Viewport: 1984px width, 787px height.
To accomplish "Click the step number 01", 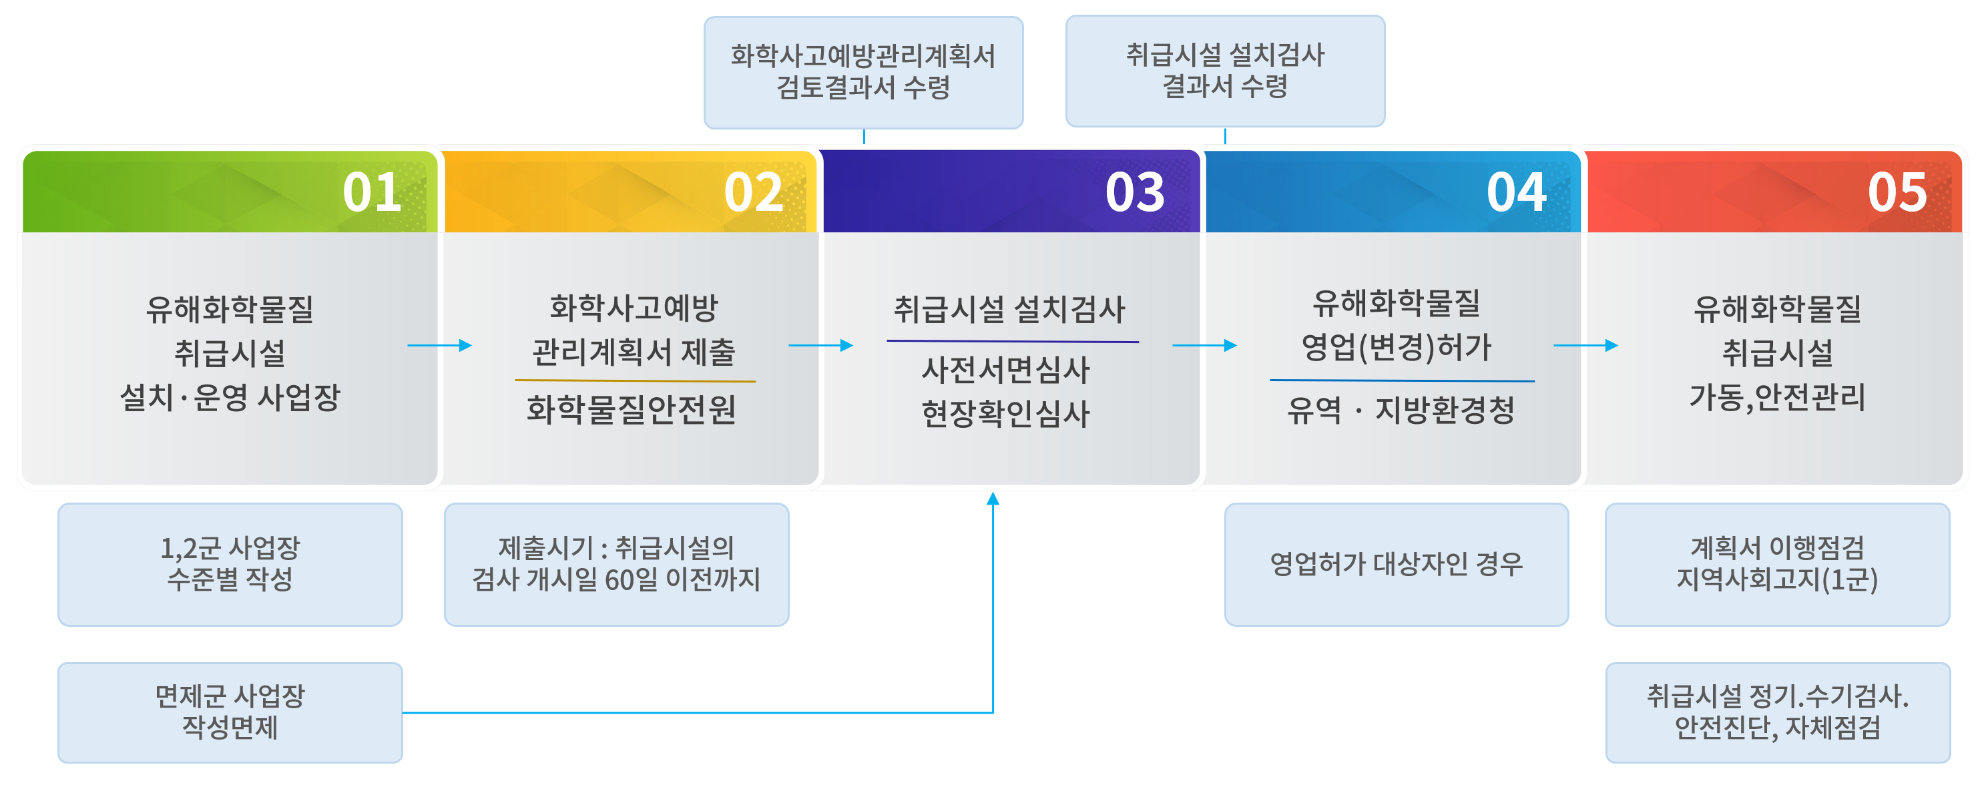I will [x=372, y=192].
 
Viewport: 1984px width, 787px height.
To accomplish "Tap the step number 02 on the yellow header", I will [x=752, y=192].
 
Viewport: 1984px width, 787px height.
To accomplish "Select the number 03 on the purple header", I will [x=1134, y=192].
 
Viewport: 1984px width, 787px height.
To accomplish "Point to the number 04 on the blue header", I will [x=1516, y=192].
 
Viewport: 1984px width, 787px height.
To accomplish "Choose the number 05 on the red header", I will [x=1897, y=192].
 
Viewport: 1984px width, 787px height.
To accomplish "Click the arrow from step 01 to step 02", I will [x=440, y=345].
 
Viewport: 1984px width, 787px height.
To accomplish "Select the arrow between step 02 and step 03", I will [x=821, y=345].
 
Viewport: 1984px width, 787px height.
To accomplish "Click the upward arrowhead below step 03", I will [x=993, y=499].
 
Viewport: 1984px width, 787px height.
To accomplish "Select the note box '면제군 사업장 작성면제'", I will [x=230, y=712].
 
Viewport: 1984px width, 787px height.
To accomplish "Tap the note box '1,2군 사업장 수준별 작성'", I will [x=230, y=563].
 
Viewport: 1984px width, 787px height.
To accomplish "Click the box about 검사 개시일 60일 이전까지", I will [x=616, y=563].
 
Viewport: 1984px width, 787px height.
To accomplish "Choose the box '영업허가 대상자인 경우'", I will [x=1397, y=563].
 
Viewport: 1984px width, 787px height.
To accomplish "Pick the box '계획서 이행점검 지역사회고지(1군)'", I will [x=1777, y=563].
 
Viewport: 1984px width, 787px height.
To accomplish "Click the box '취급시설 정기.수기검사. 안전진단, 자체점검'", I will [x=1778, y=712].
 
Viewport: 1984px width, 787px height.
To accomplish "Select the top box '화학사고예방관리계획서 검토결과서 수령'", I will [x=863, y=72].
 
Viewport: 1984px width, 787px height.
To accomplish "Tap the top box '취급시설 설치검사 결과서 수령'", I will [x=1224, y=71].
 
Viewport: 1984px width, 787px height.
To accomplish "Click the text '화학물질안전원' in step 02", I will [x=632, y=410].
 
